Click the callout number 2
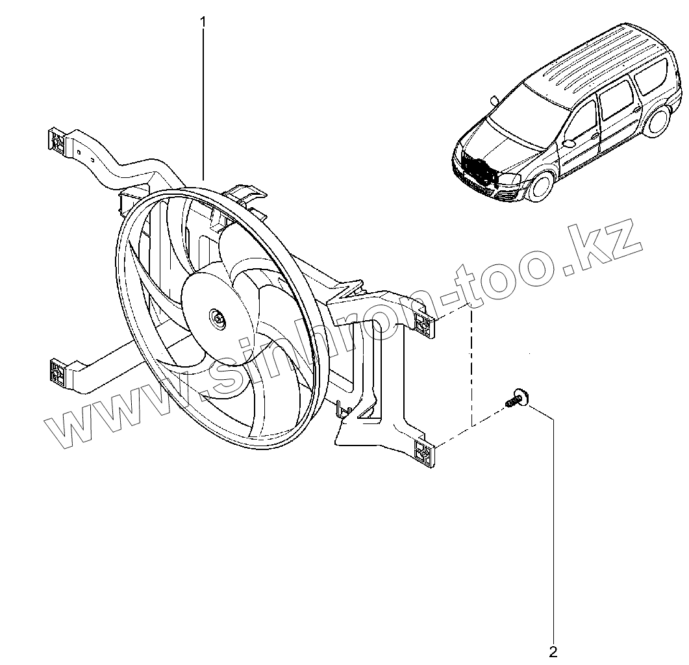tap(553, 650)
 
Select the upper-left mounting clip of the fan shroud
tap(57, 141)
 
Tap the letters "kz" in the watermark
tap(604, 251)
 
